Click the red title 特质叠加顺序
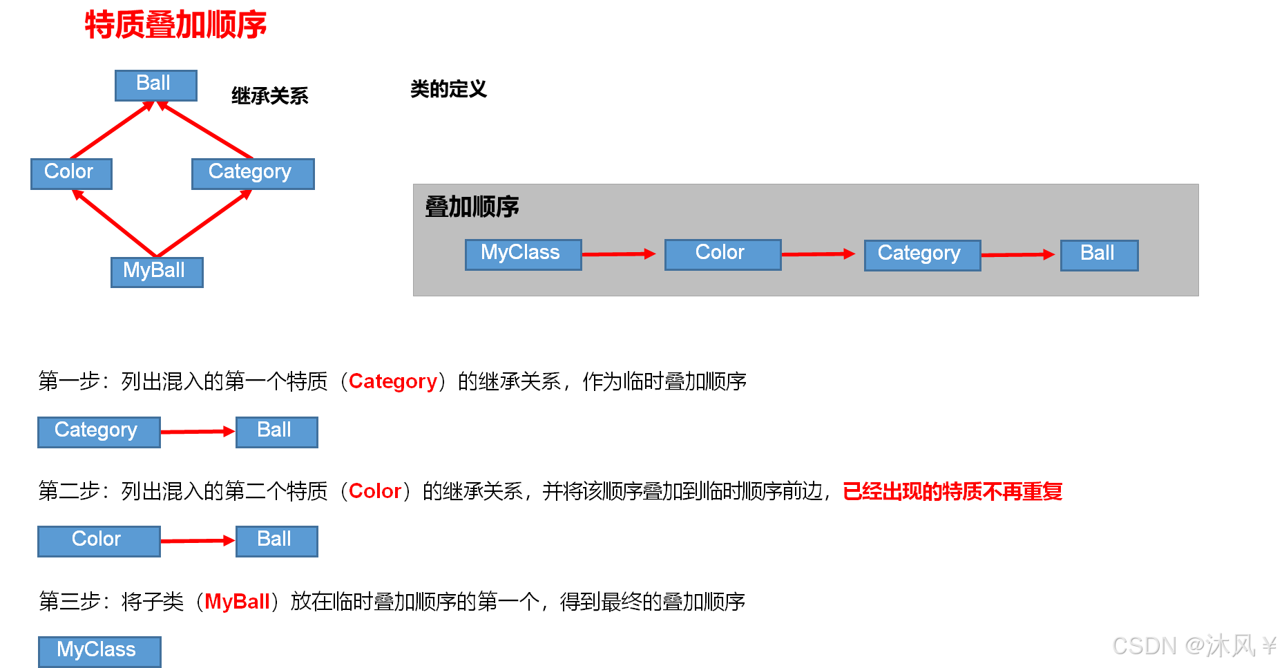(175, 25)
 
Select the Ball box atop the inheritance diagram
(155, 85)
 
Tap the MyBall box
(157, 271)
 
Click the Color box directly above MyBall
(71, 173)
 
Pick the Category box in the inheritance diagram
(252, 173)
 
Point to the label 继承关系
(269, 96)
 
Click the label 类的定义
(448, 89)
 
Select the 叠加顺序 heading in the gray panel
(472, 207)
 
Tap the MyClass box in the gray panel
(523, 254)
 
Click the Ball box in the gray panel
(1098, 255)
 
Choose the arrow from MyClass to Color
(618, 254)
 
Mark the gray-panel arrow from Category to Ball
(1018, 255)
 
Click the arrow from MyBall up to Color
(114, 222)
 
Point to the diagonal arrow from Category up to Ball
(205, 130)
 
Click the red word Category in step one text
(392, 381)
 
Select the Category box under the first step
(99, 432)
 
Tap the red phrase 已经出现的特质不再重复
(952, 491)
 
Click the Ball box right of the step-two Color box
(276, 541)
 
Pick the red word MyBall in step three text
(237, 602)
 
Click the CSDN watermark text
(1194, 646)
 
